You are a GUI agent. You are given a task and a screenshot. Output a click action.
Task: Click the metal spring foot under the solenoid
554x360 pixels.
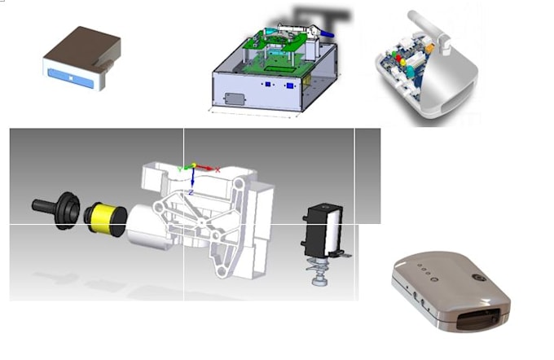[x=317, y=274]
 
